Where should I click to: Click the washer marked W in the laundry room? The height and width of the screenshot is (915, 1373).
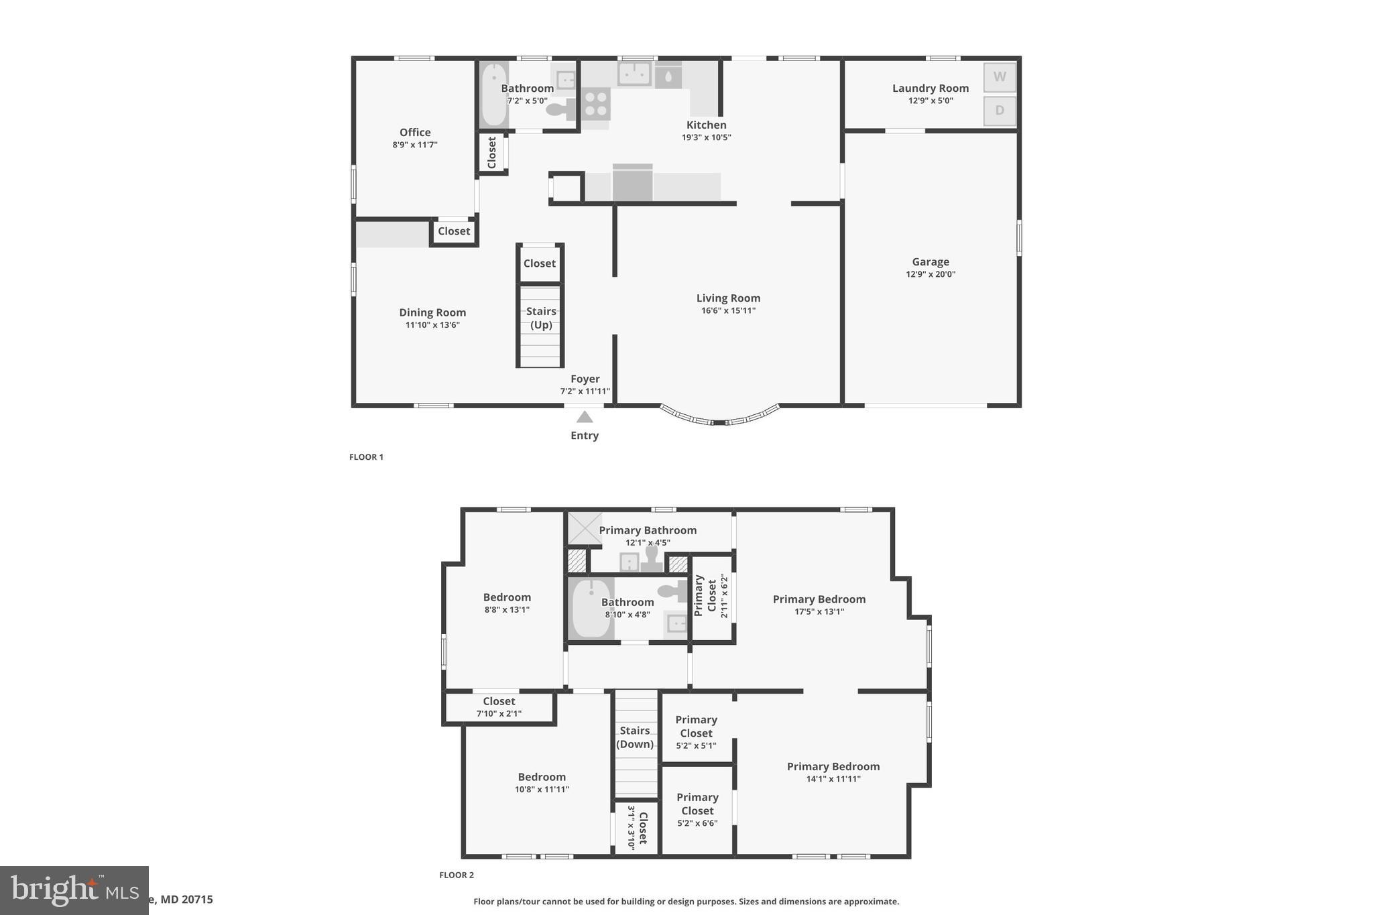(999, 77)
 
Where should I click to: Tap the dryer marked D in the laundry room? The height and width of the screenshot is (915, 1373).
(999, 111)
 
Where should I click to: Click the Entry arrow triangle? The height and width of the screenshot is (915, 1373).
(585, 417)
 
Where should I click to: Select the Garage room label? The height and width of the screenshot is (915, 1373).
(930, 262)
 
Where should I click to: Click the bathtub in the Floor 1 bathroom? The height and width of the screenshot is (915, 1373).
(494, 95)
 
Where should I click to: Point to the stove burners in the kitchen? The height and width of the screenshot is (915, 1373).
(595, 104)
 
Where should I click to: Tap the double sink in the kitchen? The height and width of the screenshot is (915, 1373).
(634, 74)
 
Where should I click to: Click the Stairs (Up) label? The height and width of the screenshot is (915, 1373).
(541, 318)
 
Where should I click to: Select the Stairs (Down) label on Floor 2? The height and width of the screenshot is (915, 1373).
(635, 737)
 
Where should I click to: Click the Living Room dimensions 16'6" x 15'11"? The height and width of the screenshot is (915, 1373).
(728, 310)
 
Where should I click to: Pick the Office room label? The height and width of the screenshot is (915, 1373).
(415, 133)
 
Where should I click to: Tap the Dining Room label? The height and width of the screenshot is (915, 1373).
(432, 312)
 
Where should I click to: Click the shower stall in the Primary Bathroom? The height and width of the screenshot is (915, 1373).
(585, 528)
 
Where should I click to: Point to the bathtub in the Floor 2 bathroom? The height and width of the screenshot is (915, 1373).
(591, 609)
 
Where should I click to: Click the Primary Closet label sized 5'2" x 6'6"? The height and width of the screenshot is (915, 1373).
(697, 804)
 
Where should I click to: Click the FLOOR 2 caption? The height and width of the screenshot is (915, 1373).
(457, 875)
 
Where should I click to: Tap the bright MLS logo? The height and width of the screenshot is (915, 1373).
(74, 890)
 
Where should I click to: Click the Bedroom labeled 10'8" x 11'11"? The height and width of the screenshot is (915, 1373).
(542, 777)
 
